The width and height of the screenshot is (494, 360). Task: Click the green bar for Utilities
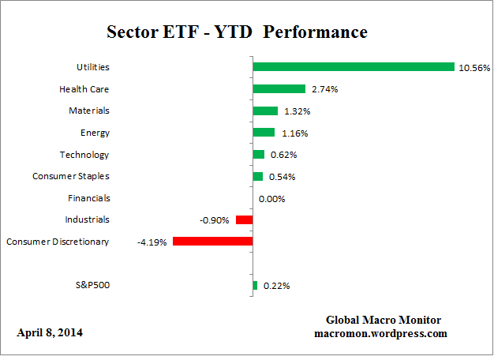354,67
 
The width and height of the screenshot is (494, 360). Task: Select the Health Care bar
279,89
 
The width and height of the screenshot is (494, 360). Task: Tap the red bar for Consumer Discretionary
212,242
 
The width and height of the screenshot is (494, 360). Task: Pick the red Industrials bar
244,219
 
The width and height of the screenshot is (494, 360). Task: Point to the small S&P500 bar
255,285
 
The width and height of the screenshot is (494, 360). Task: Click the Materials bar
265,111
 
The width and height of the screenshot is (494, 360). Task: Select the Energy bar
264,133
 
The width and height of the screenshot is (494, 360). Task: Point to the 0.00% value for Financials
272,199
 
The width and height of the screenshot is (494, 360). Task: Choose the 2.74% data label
324,90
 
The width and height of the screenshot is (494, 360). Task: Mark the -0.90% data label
215,220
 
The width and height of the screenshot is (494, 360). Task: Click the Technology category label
84,155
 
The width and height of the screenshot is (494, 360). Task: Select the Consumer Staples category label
71,176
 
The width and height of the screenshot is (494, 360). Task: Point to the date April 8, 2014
50,333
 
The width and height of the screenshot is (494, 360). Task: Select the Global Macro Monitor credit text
384,320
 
